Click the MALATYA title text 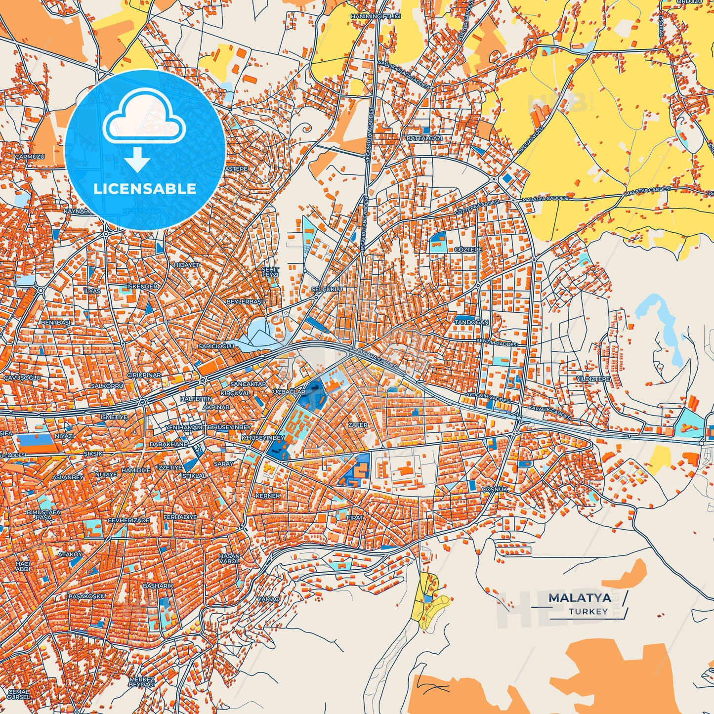580,598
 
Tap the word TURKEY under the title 588,611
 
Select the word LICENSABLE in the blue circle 145,189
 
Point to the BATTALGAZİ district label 424,138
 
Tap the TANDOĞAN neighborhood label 471,322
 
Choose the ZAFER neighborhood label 358,425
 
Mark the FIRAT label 355,517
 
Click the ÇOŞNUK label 495,489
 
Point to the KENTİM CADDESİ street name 497,342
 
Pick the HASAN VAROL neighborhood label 229,559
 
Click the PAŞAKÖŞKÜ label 86,596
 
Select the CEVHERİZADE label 128,520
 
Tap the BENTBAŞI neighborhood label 55,322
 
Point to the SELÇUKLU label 327,289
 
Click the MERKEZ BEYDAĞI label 142,682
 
